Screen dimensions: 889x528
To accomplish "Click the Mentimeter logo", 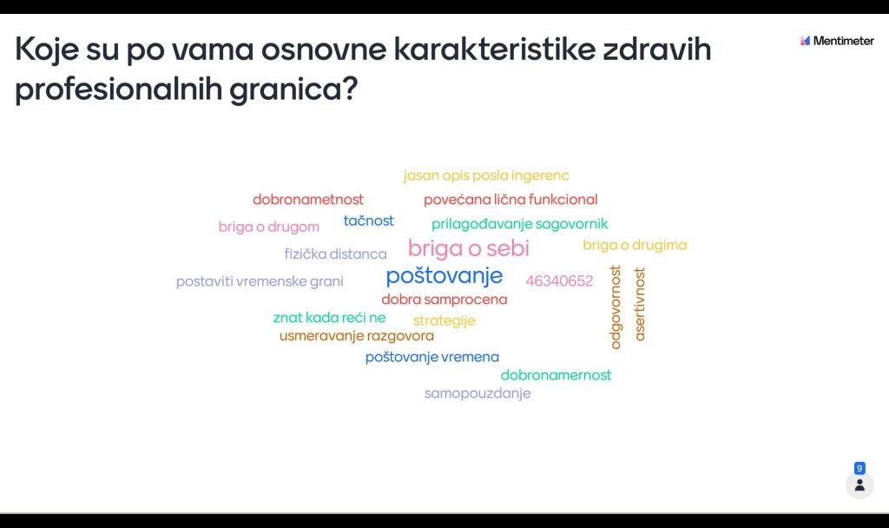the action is click(x=837, y=41).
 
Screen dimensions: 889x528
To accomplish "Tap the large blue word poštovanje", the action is click(x=444, y=276).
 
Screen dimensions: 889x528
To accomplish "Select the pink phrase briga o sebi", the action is click(x=468, y=248).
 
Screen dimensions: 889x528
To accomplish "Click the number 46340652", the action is click(x=559, y=280).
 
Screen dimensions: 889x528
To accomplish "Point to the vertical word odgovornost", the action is click(x=616, y=307).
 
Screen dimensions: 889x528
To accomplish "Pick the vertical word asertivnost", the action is click(x=640, y=304).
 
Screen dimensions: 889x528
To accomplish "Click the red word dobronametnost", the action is click(x=308, y=200).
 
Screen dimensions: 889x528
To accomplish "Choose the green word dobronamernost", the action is click(x=556, y=375).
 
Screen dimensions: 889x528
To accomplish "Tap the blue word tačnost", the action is click(x=368, y=221).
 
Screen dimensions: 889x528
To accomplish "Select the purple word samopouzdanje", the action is click(x=477, y=393).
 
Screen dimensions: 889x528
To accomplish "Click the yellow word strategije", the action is click(x=444, y=321).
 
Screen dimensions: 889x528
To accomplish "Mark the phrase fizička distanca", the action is click(x=336, y=254).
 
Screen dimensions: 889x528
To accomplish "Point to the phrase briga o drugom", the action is click(x=269, y=227).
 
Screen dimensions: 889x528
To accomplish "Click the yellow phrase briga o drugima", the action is click(x=635, y=245).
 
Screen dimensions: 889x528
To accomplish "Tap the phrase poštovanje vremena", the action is click(x=432, y=357).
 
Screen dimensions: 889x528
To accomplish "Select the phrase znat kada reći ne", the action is click(x=329, y=318).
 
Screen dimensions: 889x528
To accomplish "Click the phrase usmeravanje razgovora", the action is click(x=357, y=336).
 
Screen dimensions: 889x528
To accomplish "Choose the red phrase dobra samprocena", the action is click(x=444, y=300).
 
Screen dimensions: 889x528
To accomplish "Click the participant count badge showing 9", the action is click(x=859, y=468).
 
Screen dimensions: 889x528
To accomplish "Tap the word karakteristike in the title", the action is click(x=495, y=49).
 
